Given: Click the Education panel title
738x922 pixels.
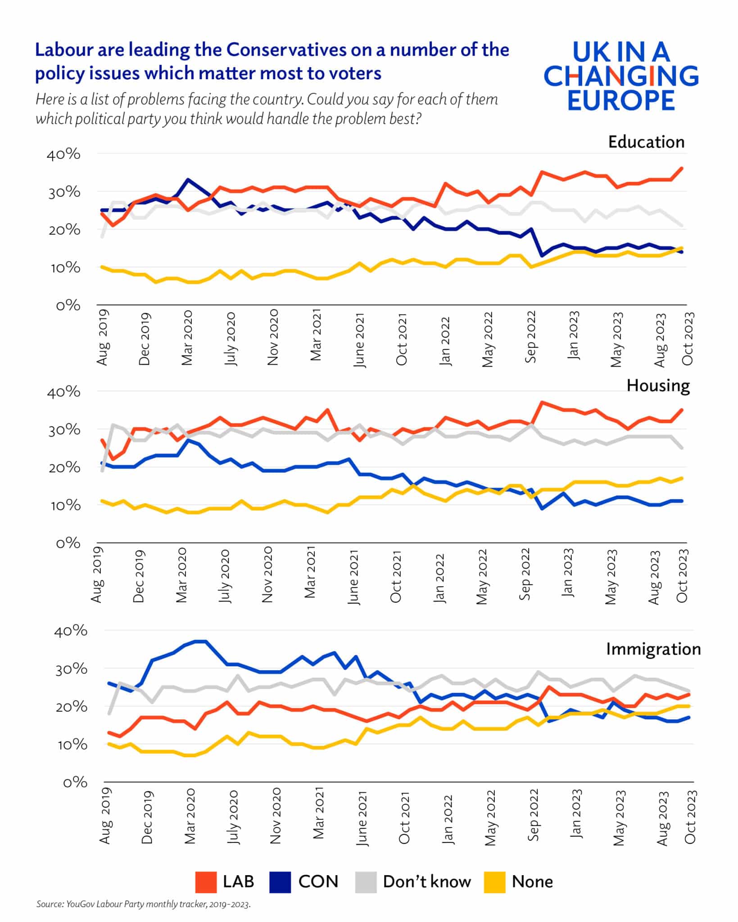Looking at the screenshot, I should coord(646,142).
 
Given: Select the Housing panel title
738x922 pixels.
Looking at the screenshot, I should coord(658,385).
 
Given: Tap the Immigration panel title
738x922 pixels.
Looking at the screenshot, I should coord(653,649).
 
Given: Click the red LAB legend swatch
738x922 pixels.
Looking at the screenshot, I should coord(206,882).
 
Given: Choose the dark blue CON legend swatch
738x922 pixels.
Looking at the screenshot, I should coord(280,882).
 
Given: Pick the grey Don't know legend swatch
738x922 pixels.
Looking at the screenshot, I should coord(366,882).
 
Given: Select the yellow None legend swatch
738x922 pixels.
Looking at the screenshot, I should coord(494,882).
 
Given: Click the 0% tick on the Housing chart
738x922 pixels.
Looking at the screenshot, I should coord(68,543).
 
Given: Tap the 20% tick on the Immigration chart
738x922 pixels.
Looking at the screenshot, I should coord(70,707).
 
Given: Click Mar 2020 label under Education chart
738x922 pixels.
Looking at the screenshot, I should coord(187,337).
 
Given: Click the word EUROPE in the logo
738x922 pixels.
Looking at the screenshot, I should coord(621,100).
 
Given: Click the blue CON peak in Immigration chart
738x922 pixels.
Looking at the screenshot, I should coord(200,641).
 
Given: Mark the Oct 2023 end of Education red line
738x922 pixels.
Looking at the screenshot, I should coord(682,168).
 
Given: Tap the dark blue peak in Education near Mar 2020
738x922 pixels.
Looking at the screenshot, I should coord(188,179).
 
